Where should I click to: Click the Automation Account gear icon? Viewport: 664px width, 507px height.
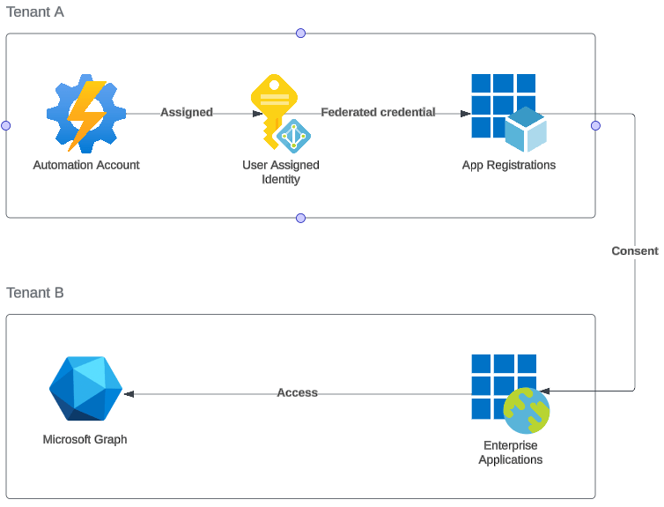(86, 115)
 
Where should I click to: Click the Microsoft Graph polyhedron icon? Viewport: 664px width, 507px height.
(85, 389)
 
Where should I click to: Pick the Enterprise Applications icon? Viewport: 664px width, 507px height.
(510, 393)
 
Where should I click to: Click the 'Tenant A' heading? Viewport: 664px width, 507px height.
(35, 12)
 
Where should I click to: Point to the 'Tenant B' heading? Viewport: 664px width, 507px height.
(35, 293)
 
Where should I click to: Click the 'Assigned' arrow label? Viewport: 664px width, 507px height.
(187, 113)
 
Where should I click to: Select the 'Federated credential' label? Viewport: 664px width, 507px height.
(378, 113)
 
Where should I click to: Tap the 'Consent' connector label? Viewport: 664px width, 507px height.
(635, 251)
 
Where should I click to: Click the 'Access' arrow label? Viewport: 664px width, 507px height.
(298, 392)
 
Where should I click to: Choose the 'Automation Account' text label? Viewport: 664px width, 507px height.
(86, 165)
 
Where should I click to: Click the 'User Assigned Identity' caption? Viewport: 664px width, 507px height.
(281, 172)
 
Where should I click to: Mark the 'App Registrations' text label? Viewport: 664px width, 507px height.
(509, 165)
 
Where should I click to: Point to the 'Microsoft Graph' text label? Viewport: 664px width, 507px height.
(85, 439)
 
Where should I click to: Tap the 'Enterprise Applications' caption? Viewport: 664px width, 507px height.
(511, 452)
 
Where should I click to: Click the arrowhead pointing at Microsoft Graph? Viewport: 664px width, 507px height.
(129, 392)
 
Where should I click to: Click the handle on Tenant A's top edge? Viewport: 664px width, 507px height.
(300, 34)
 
